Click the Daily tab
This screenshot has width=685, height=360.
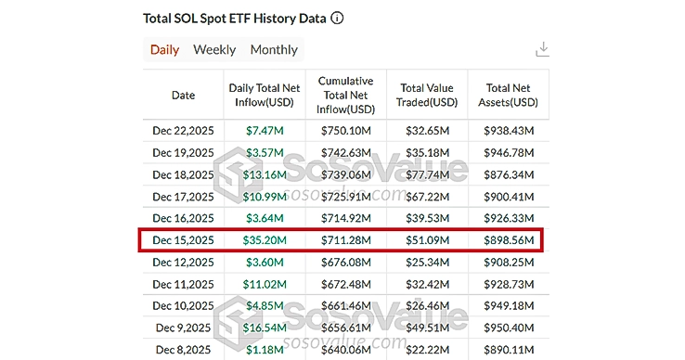pos(164,50)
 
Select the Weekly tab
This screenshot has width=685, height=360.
pos(214,50)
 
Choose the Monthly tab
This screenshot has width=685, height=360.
pos(274,50)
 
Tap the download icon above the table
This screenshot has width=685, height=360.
pos(543,50)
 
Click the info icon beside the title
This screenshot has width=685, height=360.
pos(337,18)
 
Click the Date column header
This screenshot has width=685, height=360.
pos(184,94)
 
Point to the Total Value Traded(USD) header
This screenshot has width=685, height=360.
pos(426,94)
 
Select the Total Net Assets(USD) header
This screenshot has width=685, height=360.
pos(507,94)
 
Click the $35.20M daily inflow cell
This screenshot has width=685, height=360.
pos(266,240)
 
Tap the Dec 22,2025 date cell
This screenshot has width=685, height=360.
pos(184,130)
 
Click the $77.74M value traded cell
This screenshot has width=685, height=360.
pos(427,174)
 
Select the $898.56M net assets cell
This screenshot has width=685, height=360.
pos(508,240)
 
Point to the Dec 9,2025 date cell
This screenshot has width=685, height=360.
pos(184,328)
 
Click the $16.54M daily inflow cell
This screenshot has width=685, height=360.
pos(266,328)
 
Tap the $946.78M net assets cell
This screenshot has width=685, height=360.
pos(508,152)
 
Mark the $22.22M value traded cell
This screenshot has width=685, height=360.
pos(427,349)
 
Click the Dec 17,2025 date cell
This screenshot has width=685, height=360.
pos(184,197)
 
